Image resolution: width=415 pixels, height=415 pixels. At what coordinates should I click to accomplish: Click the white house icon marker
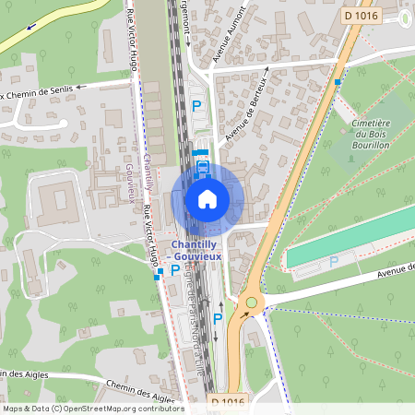coord(207,198)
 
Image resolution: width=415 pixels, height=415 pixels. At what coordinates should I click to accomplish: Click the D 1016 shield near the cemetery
coord(361,16)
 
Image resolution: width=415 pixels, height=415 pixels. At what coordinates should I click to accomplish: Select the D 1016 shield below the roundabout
coord(227,402)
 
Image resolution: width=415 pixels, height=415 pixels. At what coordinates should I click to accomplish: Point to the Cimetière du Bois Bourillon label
coord(373,134)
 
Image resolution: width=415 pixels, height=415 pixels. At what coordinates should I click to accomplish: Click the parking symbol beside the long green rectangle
coord(334,262)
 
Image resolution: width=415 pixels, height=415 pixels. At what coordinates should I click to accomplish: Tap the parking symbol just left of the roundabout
coord(219,319)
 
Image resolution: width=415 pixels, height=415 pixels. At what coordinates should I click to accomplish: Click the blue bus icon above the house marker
coord(203,169)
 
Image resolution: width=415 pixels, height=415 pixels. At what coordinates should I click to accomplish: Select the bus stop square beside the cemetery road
coord(338,82)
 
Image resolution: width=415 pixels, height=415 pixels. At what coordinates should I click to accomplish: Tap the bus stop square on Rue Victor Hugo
coord(160,272)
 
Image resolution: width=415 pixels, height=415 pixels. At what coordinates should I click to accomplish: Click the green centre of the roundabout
coord(250,302)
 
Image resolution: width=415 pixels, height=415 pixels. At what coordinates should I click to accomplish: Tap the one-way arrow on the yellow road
coord(34,25)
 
